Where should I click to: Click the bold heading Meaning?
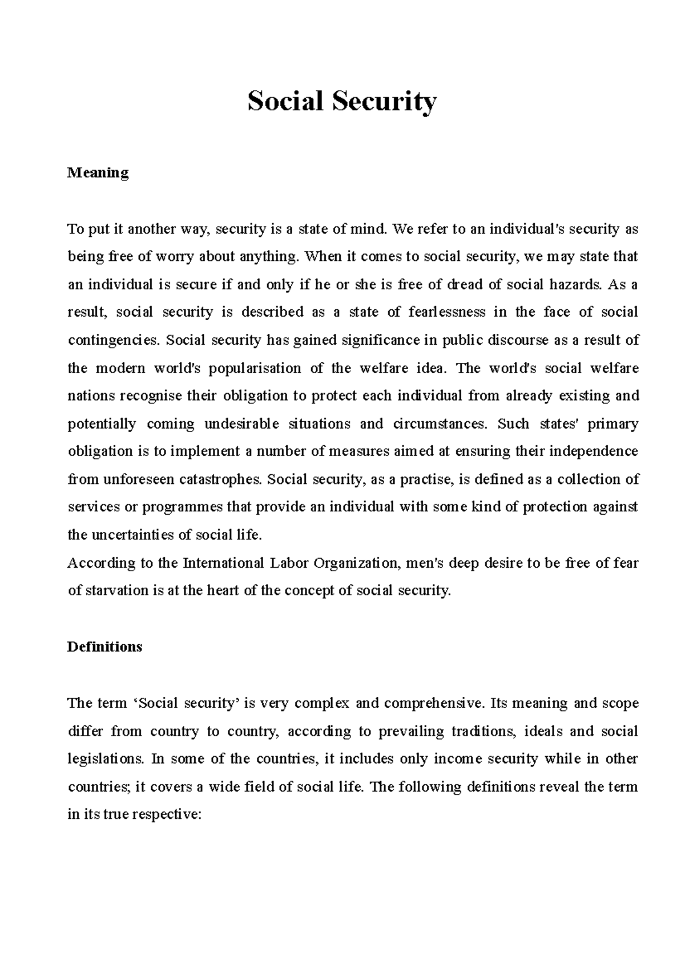(98, 172)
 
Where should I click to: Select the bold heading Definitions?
(104, 647)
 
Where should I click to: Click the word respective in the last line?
(166, 815)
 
